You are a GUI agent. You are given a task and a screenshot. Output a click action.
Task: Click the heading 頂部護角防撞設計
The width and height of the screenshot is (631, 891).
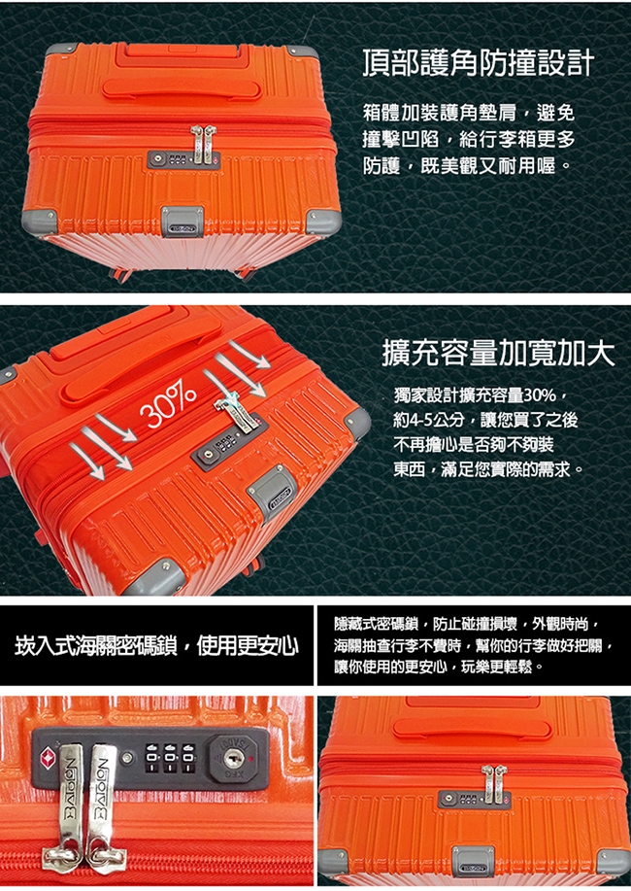(x=479, y=62)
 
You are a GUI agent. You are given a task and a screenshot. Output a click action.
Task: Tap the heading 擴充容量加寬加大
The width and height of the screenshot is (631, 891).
(x=498, y=353)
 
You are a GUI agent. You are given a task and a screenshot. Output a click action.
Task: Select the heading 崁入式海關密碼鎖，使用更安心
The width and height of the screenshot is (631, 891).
(x=156, y=645)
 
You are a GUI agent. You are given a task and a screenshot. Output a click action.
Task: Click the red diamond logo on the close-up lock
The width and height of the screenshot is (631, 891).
(x=49, y=756)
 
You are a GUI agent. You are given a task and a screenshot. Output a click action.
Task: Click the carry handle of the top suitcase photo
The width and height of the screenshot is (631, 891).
(x=182, y=88)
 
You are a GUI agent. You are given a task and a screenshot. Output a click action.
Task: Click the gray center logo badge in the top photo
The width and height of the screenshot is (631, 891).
(x=183, y=221)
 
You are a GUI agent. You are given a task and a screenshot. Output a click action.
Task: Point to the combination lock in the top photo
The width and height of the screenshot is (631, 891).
(x=183, y=159)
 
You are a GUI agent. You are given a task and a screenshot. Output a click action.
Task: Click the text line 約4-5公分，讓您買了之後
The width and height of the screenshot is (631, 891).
(x=485, y=420)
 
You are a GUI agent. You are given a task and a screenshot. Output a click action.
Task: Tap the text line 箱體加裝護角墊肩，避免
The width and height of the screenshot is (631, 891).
(x=469, y=113)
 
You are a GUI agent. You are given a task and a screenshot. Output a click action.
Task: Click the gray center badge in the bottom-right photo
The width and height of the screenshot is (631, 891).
(x=473, y=862)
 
